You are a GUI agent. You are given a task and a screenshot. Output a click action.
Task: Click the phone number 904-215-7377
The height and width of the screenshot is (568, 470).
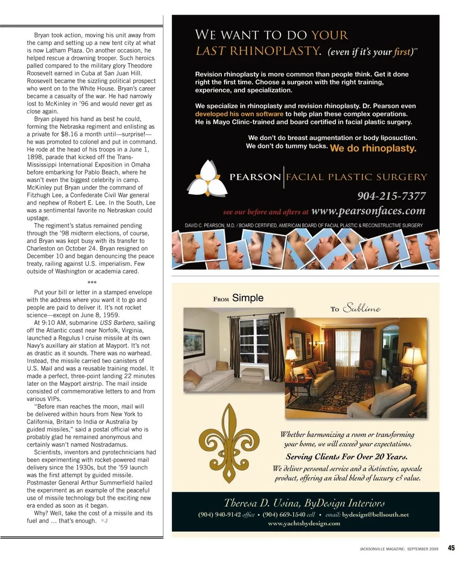pos(391,196)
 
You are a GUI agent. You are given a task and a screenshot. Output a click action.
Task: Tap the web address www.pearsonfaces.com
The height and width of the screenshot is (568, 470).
pos(368,212)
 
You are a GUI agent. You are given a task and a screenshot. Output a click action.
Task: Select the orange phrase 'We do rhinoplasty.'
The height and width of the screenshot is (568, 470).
pos(373,148)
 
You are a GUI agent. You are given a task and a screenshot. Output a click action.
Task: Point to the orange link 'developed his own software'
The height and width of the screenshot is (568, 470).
pos(239,114)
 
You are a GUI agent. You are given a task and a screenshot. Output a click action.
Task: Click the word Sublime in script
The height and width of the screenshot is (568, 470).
pos(362,308)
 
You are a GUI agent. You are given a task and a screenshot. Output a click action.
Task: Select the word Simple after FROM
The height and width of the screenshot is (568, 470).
pos(248,298)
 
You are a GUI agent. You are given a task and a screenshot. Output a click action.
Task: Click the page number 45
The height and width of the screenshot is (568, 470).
pos(451,548)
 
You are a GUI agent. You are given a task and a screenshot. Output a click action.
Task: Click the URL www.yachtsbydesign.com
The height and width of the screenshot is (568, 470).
pos(304,523)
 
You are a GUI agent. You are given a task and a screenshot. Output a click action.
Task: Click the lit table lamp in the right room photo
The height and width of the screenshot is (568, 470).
pos(412,357)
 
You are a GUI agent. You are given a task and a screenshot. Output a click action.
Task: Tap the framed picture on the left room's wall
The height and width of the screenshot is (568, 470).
pos(194,343)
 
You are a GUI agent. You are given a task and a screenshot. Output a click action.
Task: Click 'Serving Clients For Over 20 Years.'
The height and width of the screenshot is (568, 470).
pos(347,456)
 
